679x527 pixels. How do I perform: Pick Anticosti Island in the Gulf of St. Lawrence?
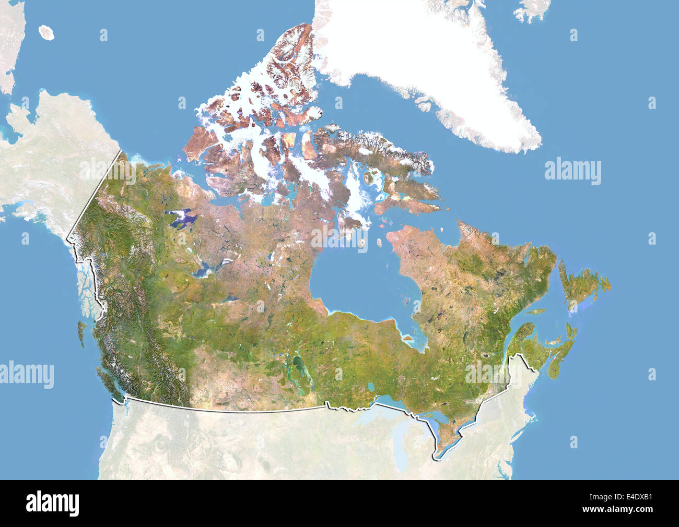pos(534,312)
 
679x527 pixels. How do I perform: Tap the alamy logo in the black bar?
pos(53,502)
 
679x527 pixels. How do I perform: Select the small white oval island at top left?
pos(47,32)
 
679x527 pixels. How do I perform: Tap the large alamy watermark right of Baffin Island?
pos(572,171)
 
